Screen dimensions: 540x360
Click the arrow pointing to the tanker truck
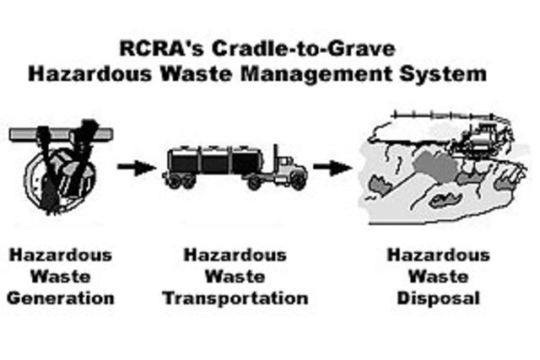tap(136, 167)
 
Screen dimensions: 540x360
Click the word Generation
tap(61, 298)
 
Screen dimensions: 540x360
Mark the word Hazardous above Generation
tap(61, 255)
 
